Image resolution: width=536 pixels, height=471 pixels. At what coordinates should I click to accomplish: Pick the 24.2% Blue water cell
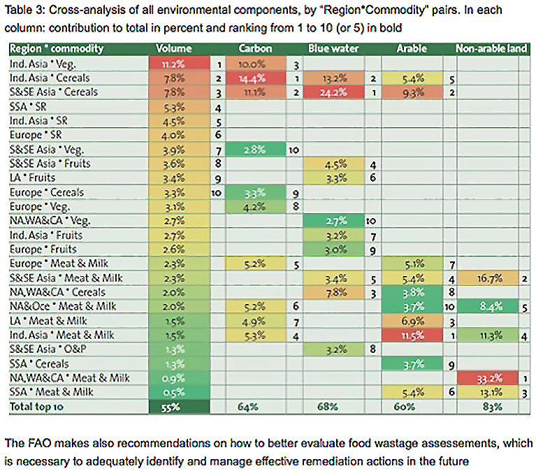(x=333, y=92)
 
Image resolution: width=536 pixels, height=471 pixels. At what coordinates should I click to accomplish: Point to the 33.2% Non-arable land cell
(x=487, y=378)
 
